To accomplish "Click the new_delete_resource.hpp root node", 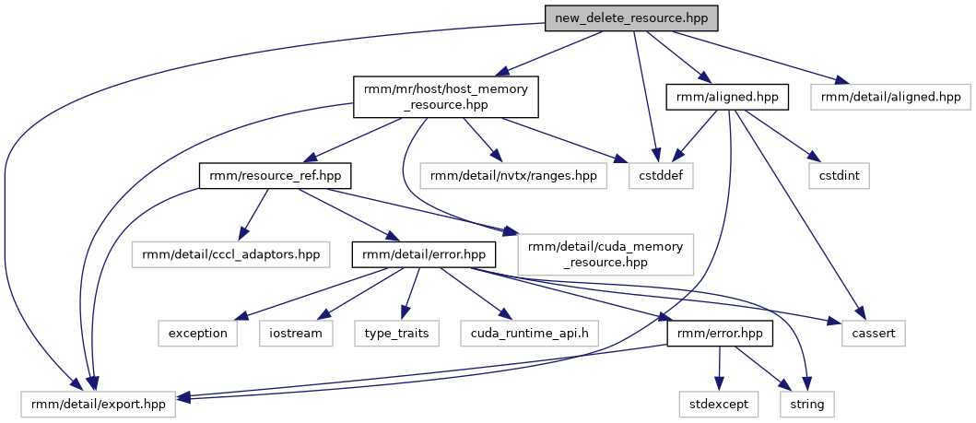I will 629,18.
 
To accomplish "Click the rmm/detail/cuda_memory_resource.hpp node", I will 606,253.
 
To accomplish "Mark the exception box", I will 197,333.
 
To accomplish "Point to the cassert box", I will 873,333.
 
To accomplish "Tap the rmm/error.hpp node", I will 720,333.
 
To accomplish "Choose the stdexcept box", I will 720,403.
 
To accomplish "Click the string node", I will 808,403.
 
